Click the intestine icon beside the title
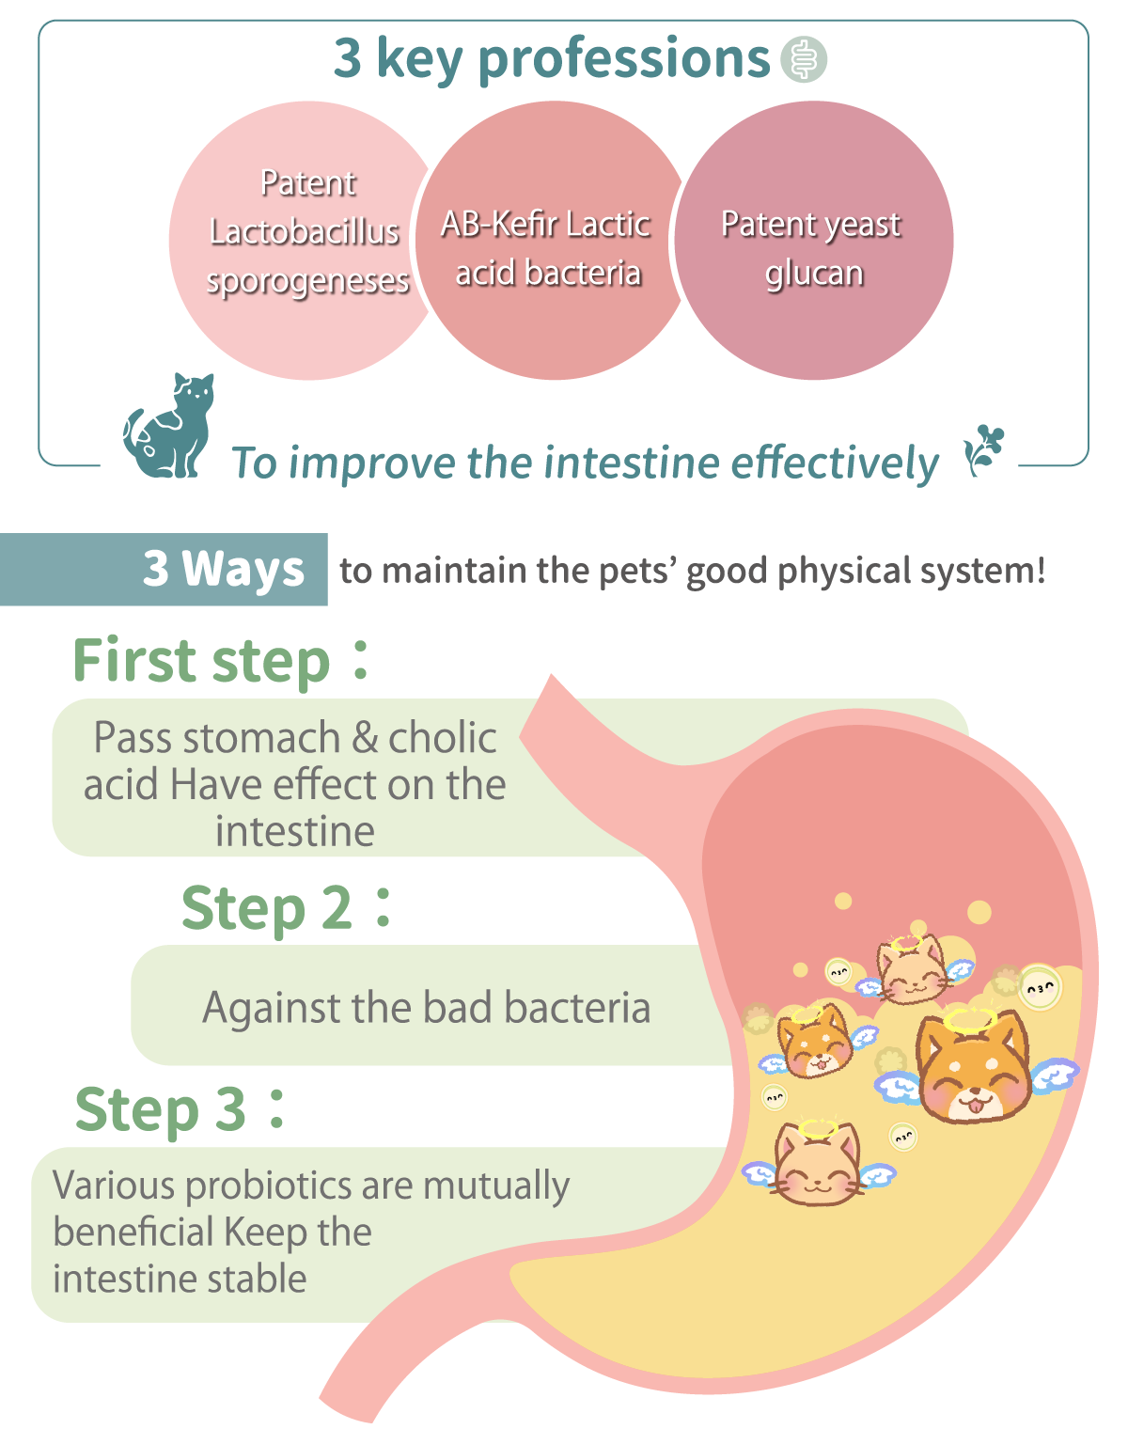(x=804, y=59)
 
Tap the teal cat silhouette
(x=170, y=426)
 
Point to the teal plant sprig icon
(x=984, y=450)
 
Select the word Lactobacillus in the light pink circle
(x=304, y=232)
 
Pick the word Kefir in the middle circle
(x=523, y=224)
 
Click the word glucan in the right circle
(x=814, y=275)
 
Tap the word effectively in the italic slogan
(x=835, y=463)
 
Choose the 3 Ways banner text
(x=224, y=569)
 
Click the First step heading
(x=221, y=661)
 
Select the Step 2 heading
(x=286, y=908)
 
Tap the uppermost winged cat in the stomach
(x=912, y=967)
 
